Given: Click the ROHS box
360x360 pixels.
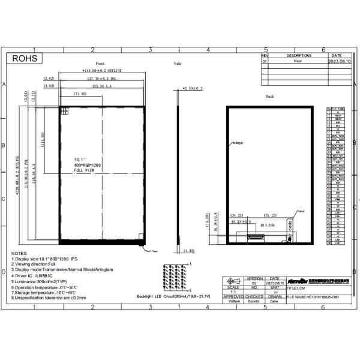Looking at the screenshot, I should click(x=25, y=59).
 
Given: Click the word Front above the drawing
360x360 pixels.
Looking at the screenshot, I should click(x=100, y=63).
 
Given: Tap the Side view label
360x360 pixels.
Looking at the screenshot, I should click(x=177, y=63).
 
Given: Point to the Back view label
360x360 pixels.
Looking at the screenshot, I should click(x=269, y=96).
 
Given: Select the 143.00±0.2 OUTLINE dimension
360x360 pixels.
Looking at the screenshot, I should click(x=101, y=71).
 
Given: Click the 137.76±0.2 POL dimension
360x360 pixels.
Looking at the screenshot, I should click(x=101, y=79).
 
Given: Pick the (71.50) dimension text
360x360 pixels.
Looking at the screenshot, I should click(x=80, y=94).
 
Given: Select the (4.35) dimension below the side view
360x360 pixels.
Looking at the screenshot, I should click(x=189, y=250).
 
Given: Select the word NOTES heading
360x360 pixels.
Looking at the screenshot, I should click(x=19, y=254).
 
